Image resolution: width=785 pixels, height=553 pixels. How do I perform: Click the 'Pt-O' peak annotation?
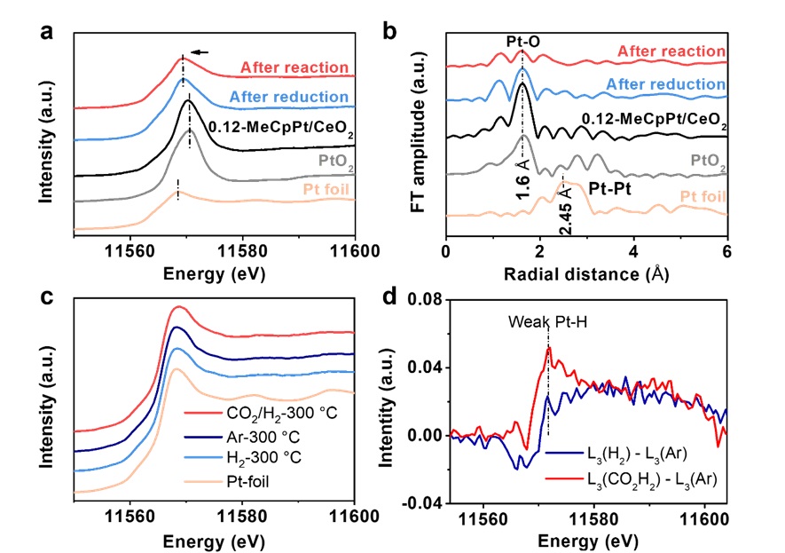tap(523, 41)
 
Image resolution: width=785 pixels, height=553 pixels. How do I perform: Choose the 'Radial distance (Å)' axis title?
tap(586, 274)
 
